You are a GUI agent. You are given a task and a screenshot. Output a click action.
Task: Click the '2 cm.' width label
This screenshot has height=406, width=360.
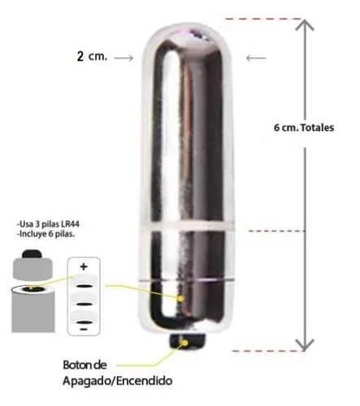(x=92, y=56)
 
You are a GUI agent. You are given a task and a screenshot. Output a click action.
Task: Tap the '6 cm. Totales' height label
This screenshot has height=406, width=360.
(x=304, y=127)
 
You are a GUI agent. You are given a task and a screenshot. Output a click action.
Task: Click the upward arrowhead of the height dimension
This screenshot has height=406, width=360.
(x=305, y=25)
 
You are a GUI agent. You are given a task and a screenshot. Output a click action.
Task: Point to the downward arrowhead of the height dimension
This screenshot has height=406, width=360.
(x=305, y=345)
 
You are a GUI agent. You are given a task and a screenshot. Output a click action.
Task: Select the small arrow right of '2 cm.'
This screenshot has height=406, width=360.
(x=124, y=58)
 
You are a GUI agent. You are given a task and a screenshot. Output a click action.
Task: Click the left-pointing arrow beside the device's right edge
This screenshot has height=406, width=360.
(x=256, y=58)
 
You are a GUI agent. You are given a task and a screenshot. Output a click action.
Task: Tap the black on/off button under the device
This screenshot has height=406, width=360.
(x=188, y=342)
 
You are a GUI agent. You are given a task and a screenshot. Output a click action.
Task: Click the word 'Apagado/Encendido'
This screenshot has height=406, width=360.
(x=118, y=381)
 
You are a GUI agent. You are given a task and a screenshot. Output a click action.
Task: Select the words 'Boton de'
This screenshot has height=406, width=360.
(x=85, y=365)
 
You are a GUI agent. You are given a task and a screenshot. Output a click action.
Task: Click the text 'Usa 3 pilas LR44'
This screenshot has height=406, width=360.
(x=48, y=224)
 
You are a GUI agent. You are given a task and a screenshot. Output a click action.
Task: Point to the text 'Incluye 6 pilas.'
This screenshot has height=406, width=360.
(x=46, y=234)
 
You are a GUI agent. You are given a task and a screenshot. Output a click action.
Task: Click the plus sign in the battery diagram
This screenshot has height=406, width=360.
(x=84, y=266)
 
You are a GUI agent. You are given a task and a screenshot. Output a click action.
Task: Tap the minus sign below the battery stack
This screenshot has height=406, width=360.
(x=84, y=330)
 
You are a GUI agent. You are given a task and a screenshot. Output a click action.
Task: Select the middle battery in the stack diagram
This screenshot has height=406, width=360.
(x=84, y=301)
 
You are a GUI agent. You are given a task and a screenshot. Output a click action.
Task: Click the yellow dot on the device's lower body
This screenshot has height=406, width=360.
(x=180, y=299)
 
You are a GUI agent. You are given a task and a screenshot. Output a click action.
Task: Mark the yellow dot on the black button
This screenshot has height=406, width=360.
(x=185, y=343)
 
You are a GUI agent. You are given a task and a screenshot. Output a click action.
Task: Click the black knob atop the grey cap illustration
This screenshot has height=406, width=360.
(x=32, y=254)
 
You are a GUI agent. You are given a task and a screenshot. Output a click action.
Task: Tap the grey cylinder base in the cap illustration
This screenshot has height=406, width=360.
(x=33, y=311)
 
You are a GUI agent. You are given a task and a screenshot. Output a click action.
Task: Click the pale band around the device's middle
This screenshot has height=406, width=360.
(x=187, y=227)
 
